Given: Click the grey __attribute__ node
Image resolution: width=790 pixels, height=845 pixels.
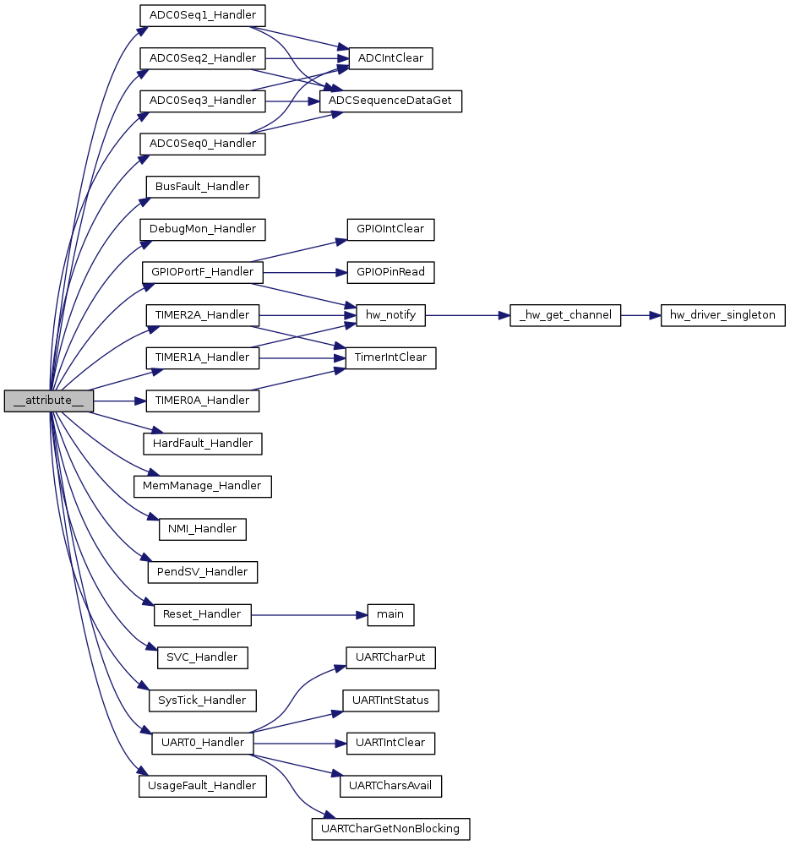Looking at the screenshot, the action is point(48,401).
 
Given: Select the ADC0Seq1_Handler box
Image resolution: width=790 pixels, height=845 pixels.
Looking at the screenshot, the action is point(203,15).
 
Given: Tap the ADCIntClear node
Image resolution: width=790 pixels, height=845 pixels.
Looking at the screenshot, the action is point(390,58).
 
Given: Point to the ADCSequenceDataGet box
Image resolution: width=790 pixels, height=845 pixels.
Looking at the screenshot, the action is point(390,101).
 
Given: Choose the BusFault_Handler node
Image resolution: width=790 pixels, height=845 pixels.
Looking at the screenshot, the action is point(203,187).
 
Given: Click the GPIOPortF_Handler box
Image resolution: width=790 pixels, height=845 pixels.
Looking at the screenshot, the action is point(203,272).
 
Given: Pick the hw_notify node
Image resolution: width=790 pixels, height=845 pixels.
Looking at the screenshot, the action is point(390,315).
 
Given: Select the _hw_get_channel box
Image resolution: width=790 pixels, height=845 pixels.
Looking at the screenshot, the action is point(565,315).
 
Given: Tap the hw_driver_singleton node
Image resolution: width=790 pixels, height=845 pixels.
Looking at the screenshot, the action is point(722,315).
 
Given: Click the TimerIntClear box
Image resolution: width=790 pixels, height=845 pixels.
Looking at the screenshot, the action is point(390,357).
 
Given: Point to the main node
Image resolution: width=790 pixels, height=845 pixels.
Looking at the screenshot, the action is point(390,615).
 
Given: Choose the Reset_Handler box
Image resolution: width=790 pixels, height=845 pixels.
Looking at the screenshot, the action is point(203,615).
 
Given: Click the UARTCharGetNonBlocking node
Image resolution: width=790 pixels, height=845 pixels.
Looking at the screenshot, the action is point(390,829).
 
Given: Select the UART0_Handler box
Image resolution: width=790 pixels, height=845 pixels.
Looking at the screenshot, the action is point(203,743).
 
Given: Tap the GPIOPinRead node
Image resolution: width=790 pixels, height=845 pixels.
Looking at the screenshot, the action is point(390,272).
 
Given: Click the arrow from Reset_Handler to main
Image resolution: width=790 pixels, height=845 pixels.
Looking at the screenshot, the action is point(309,615).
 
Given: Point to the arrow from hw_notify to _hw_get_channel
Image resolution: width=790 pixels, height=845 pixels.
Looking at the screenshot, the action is point(467,315).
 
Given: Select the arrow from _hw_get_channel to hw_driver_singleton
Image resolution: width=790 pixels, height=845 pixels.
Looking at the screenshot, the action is point(640,315).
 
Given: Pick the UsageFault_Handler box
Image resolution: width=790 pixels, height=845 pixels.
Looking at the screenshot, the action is point(203,786).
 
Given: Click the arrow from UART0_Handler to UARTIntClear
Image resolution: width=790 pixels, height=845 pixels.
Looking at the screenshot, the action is point(300,743).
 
